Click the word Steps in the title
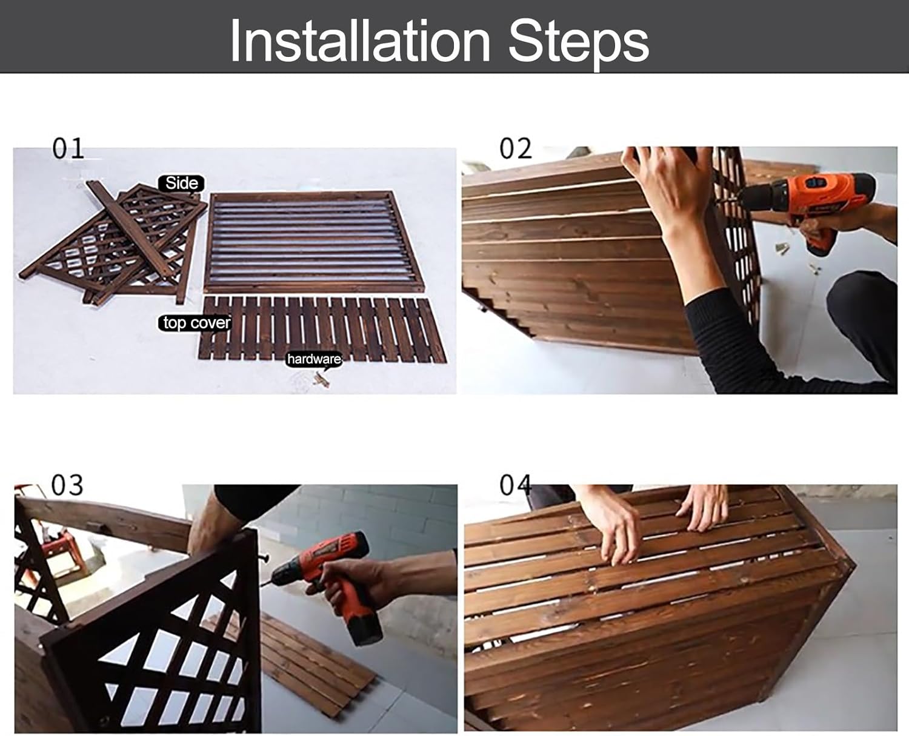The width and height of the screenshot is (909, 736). (x=578, y=41)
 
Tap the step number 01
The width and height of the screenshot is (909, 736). (x=68, y=149)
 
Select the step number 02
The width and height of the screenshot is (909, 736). (x=515, y=149)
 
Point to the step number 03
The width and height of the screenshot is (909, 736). (x=67, y=486)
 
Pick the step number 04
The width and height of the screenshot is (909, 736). (x=515, y=486)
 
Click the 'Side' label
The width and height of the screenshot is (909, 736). (x=181, y=183)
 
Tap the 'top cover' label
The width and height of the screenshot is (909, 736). (x=196, y=323)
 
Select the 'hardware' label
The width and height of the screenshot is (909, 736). (x=314, y=359)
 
